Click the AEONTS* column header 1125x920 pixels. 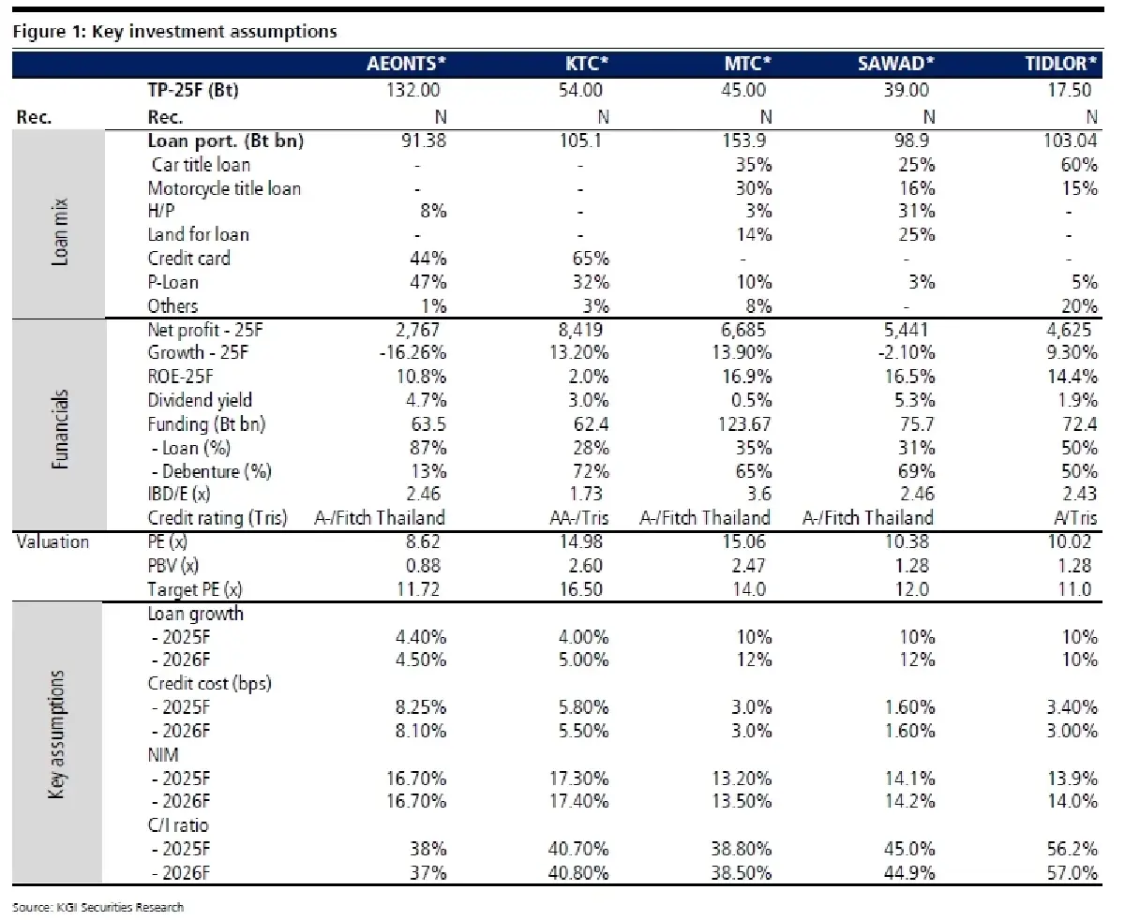[405, 65]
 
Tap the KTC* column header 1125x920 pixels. [585, 65]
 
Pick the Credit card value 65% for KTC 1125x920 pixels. [591, 259]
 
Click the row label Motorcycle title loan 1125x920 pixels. [224, 188]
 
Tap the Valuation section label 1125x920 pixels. [52, 542]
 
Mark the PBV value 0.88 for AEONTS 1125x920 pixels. [421, 565]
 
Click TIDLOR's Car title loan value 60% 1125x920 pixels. [1078, 165]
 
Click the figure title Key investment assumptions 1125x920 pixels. [175, 31]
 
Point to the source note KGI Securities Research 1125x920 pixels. [98, 907]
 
